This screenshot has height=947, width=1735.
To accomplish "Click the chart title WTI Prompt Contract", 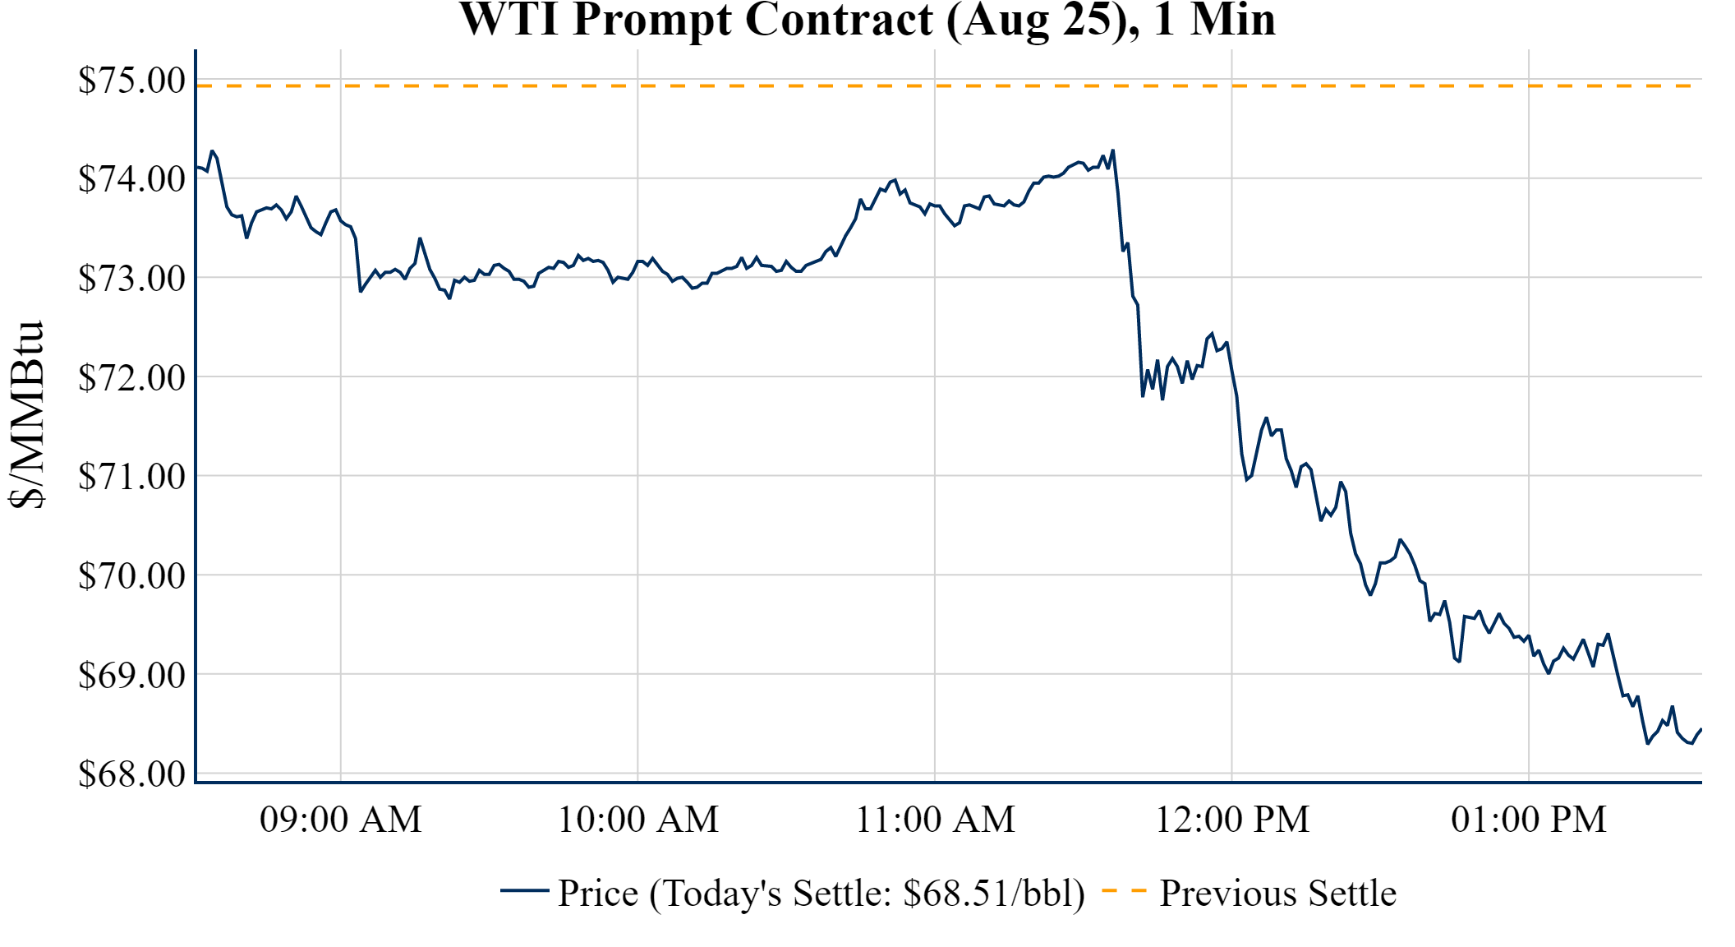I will coord(867,20).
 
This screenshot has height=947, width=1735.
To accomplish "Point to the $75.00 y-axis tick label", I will coord(131,81).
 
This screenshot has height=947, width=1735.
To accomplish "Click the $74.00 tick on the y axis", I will coord(131,178).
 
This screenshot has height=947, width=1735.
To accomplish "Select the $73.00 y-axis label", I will coord(131,278).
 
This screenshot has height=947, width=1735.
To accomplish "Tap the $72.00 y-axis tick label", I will coord(131,377).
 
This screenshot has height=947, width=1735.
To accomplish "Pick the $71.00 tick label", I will coord(131,476).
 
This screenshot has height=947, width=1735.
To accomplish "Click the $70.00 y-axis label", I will coord(131,575).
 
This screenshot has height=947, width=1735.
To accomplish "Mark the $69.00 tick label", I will coord(131,675).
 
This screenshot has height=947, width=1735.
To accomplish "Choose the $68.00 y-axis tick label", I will coord(131,774).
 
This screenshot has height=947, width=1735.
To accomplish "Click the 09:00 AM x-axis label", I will coord(341,820).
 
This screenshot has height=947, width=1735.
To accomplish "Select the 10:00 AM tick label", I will coord(638,820).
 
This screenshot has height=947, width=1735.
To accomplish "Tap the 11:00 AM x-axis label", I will coord(935,820).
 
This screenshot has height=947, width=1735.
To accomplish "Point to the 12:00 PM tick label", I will coord(1232,820).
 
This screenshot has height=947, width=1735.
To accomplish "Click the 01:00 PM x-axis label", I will coord(1529,820).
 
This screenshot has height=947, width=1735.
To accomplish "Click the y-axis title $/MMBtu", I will coord(26,415).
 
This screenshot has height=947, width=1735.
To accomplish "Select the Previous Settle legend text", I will coord(1277,893).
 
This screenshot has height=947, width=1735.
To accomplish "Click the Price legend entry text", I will coord(821,893).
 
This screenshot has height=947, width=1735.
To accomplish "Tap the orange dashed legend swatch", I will coord(1124,890).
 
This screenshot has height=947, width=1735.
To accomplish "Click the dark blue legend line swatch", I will coord(524,890).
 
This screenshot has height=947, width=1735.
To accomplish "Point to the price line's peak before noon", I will coord(1112,150).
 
